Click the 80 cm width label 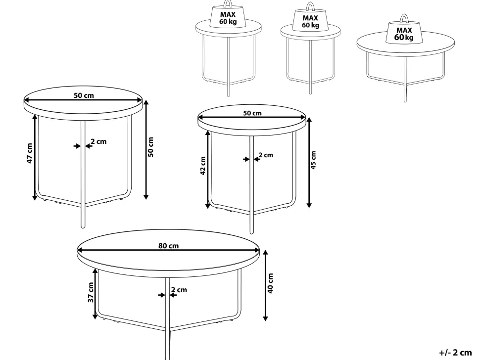[x=168, y=246]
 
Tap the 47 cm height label [x=29, y=153]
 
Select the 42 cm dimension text [x=203, y=166]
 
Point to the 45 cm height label [x=313, y=160]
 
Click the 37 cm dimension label [x=91, y=292]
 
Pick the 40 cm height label [x=270, y=283]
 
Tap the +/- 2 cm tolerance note [x=456, y=353]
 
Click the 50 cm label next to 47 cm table [x=150, y=147]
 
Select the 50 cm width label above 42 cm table [x=252, y=113]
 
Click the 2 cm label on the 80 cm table [x=179, y=290]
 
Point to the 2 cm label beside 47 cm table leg [x=98, y=141]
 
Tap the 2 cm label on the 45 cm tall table [x=266, y=155]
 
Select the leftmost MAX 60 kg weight [x=228, y=16]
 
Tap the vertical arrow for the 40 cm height [x=265, y=285]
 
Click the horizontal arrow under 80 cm [x=168, y=250]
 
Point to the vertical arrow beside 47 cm [x=35, y=158]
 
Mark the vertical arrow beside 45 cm [x=309, y=163]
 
